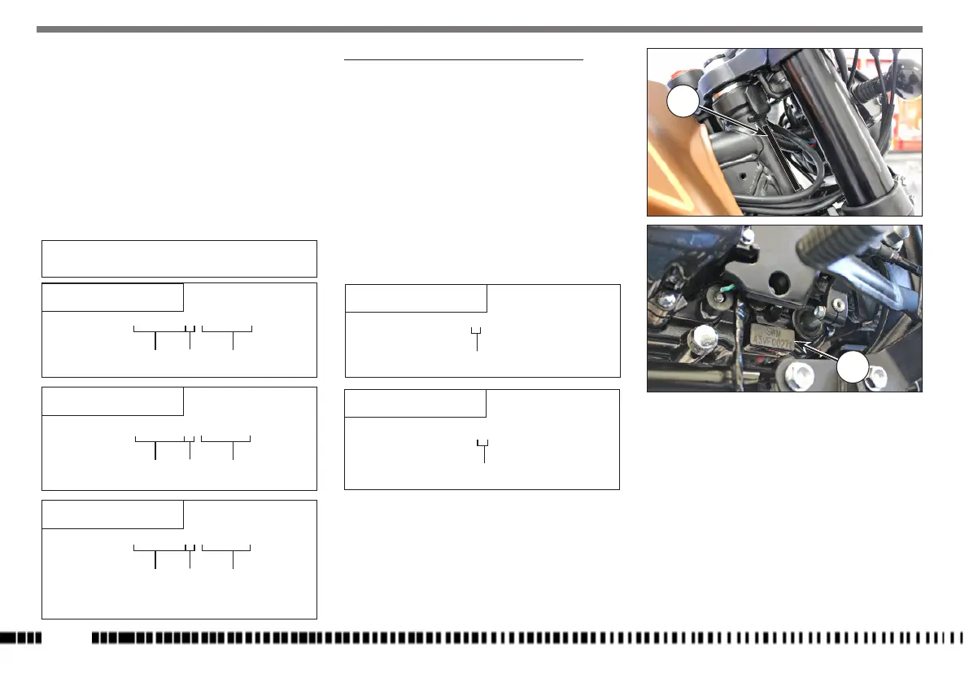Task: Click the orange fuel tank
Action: coord(675,171)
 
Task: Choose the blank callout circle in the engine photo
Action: coord(852,368)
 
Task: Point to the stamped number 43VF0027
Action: coord(775,343)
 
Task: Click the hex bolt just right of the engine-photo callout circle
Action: coord(879,376)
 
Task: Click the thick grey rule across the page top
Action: coord(484,30)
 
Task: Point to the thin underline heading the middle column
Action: coord(464,59)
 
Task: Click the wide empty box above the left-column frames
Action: coord(179,258)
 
